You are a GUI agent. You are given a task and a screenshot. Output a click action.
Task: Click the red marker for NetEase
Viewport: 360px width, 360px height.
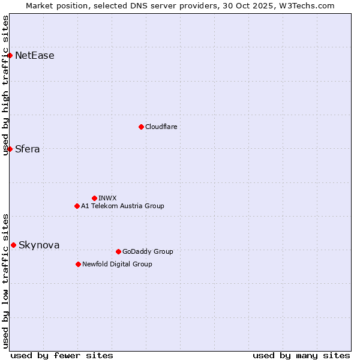coord(10,55)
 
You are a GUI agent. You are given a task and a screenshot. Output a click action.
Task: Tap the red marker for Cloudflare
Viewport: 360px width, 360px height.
coord(141,127)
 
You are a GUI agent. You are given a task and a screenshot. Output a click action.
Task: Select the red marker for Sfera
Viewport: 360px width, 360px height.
coord(10,149)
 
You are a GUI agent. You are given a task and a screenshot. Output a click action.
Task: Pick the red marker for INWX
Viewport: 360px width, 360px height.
coord(94,198)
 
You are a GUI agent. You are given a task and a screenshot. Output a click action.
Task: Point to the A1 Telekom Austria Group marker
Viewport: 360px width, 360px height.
coord(77,206)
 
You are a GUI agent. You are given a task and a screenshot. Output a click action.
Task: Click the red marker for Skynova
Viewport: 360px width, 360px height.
coord(13,245)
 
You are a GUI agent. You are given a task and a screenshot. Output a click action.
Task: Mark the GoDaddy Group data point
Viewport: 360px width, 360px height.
coord(118,251)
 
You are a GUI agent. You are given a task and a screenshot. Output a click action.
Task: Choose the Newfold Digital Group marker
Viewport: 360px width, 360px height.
coord(78,264)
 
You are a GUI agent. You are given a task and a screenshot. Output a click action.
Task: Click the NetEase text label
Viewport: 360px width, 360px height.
coord(34,56)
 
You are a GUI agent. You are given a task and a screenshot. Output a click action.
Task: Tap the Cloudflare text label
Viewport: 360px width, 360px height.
coord(161,127)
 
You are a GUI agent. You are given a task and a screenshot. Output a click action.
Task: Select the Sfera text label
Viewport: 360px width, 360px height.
coord(27,149)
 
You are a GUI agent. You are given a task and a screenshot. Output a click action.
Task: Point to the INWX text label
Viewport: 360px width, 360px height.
coord(107,198)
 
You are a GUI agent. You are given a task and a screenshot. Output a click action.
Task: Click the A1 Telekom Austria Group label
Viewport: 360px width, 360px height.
coord(122,206)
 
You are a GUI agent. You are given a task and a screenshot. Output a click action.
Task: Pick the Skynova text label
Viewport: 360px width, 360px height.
coord(39,245)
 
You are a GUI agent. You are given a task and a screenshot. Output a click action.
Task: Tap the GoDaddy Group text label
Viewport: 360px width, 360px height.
coord(147,251)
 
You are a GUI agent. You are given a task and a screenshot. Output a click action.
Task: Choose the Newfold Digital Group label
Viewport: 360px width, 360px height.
coord(117,264)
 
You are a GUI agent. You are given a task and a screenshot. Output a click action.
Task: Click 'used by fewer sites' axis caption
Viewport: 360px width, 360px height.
coord(62,355)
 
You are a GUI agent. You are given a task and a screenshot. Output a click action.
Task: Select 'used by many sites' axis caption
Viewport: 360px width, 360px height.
coord(301,355)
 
